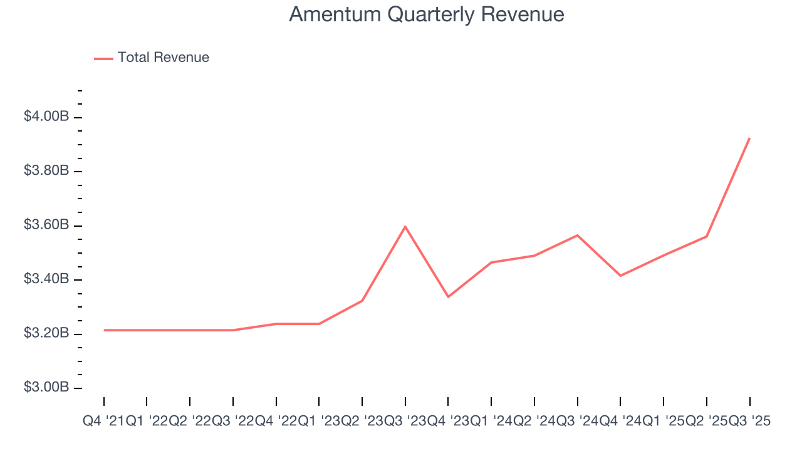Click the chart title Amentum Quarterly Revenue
click(426, 14)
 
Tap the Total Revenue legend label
click(164, 58)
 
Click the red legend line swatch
click(103, 58)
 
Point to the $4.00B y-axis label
click(46, 117)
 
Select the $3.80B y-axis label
click(46, 170)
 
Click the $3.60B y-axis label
click(46, 225)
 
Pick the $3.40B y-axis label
click(46, 279)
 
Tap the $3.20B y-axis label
click(46, 333)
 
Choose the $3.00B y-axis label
click(46, 387)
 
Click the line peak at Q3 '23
click(405, 226)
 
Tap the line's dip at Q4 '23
click(449, 297)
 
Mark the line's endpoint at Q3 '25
click(749, 138)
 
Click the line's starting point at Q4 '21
click(104, 330)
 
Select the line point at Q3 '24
click(577, 235)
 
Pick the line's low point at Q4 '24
click(620, 276)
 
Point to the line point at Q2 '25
click(706, 236)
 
